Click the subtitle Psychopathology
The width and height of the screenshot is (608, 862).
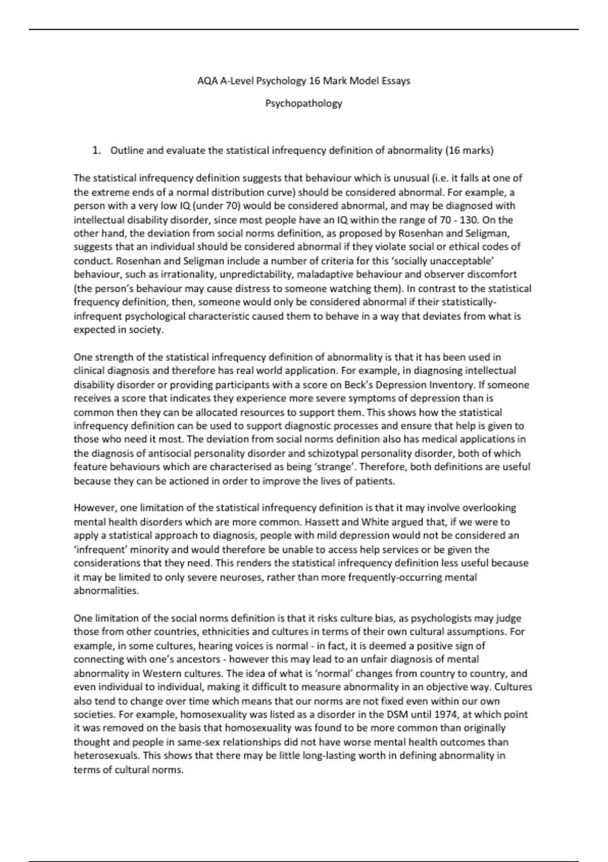click(303, 103)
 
